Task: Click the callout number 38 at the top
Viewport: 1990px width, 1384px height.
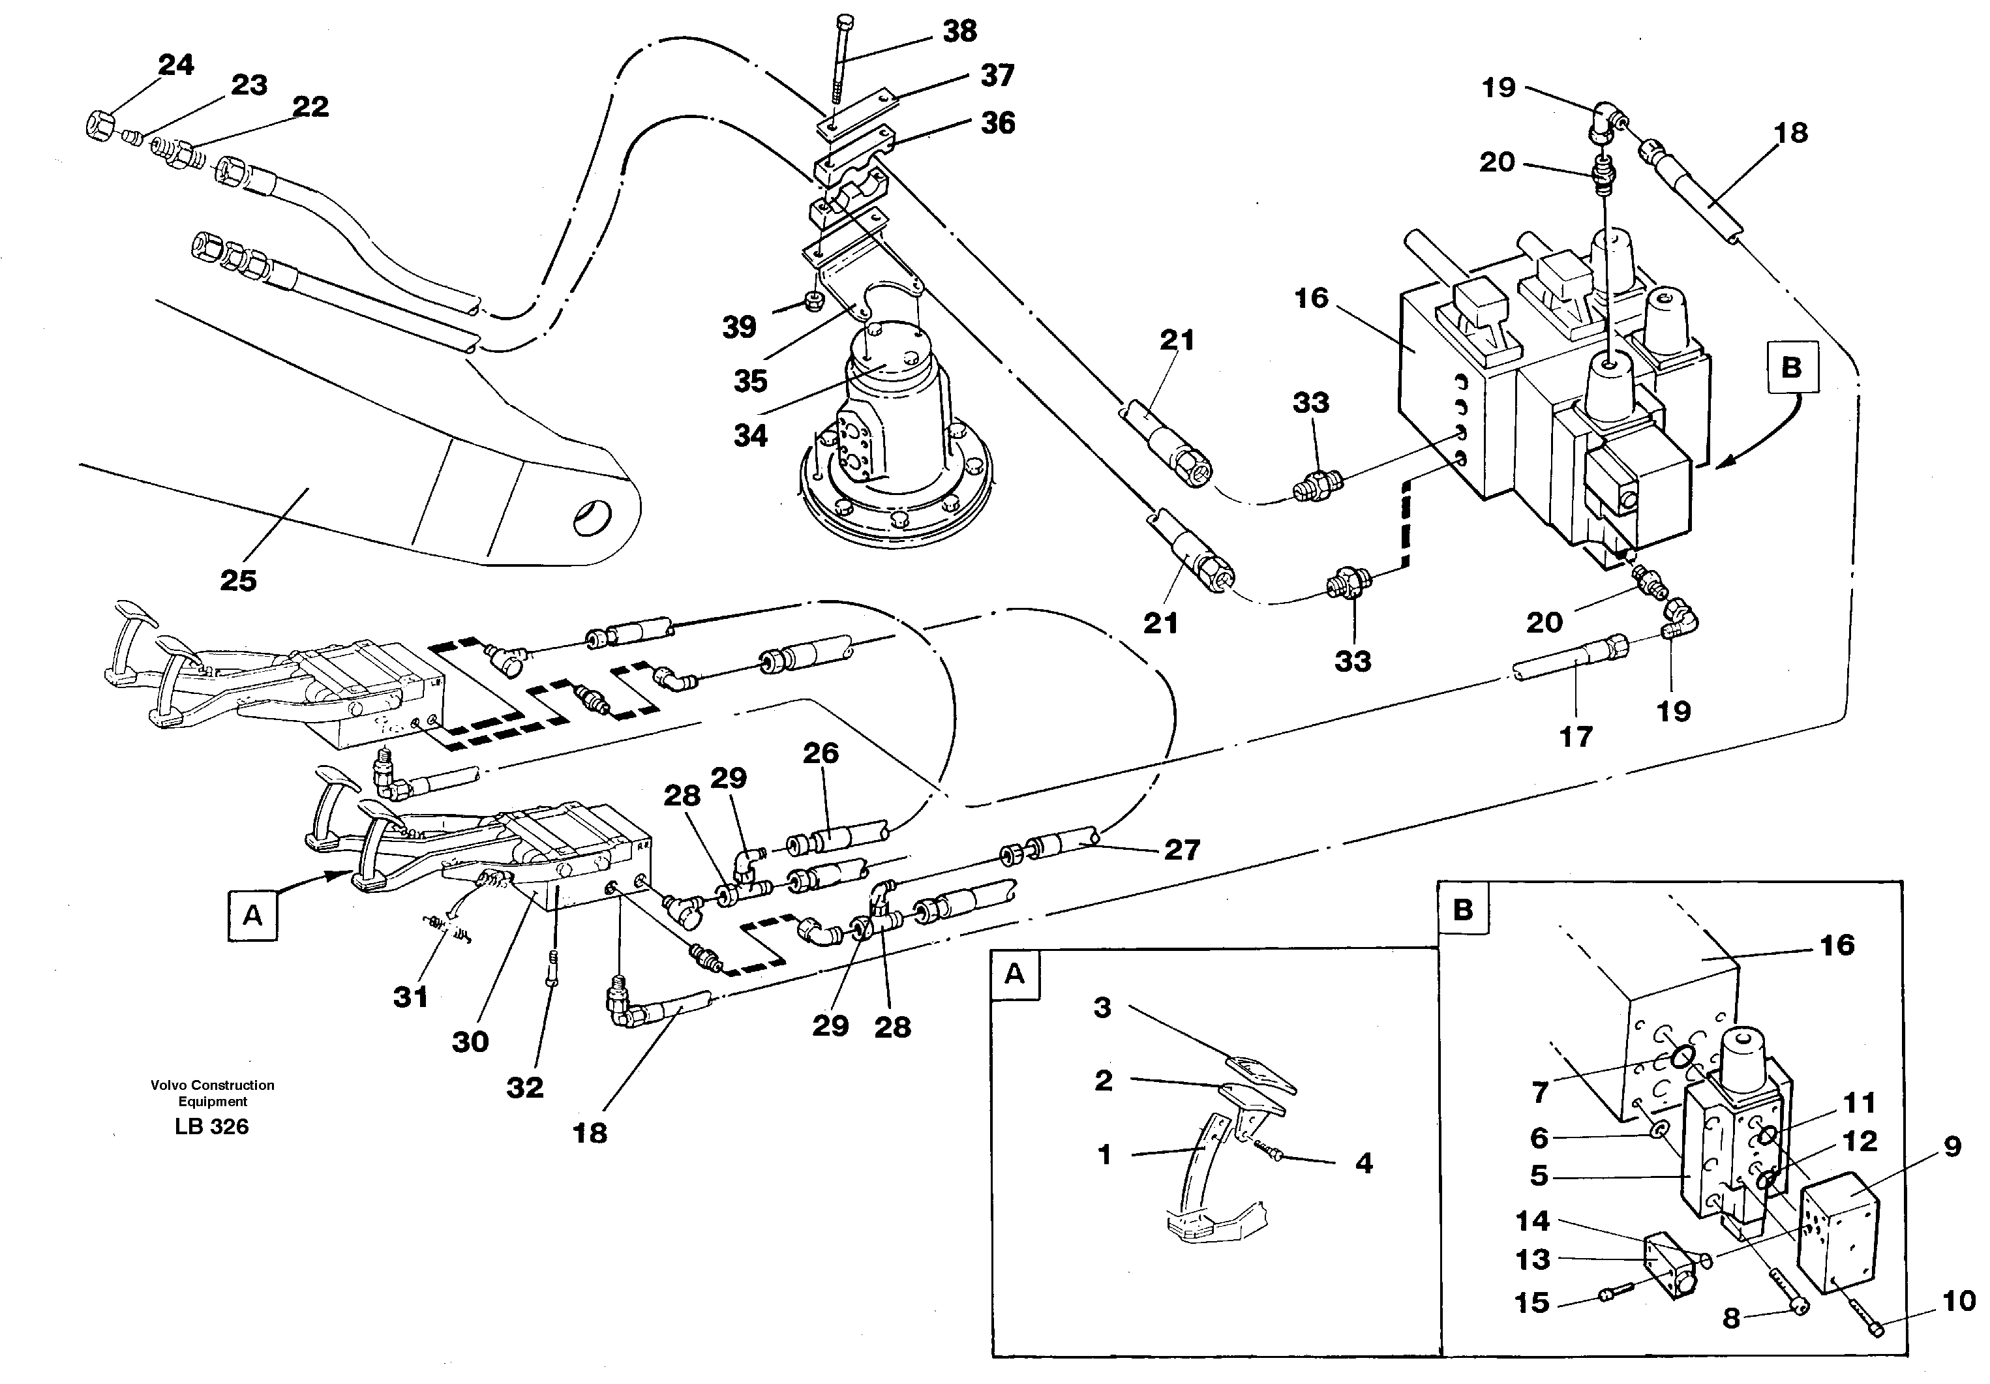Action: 959,31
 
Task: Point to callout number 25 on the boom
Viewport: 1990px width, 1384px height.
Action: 238,580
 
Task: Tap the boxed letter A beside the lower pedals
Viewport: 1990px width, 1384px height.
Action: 252,916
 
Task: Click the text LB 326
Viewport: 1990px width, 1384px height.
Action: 211,1126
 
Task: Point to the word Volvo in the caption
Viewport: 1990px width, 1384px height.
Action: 169,1085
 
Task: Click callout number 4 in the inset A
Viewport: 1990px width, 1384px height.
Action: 1363,1163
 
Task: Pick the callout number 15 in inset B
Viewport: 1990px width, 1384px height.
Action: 1531,1302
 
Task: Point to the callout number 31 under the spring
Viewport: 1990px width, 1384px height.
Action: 410,997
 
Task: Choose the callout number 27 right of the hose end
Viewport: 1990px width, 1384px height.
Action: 1181,849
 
